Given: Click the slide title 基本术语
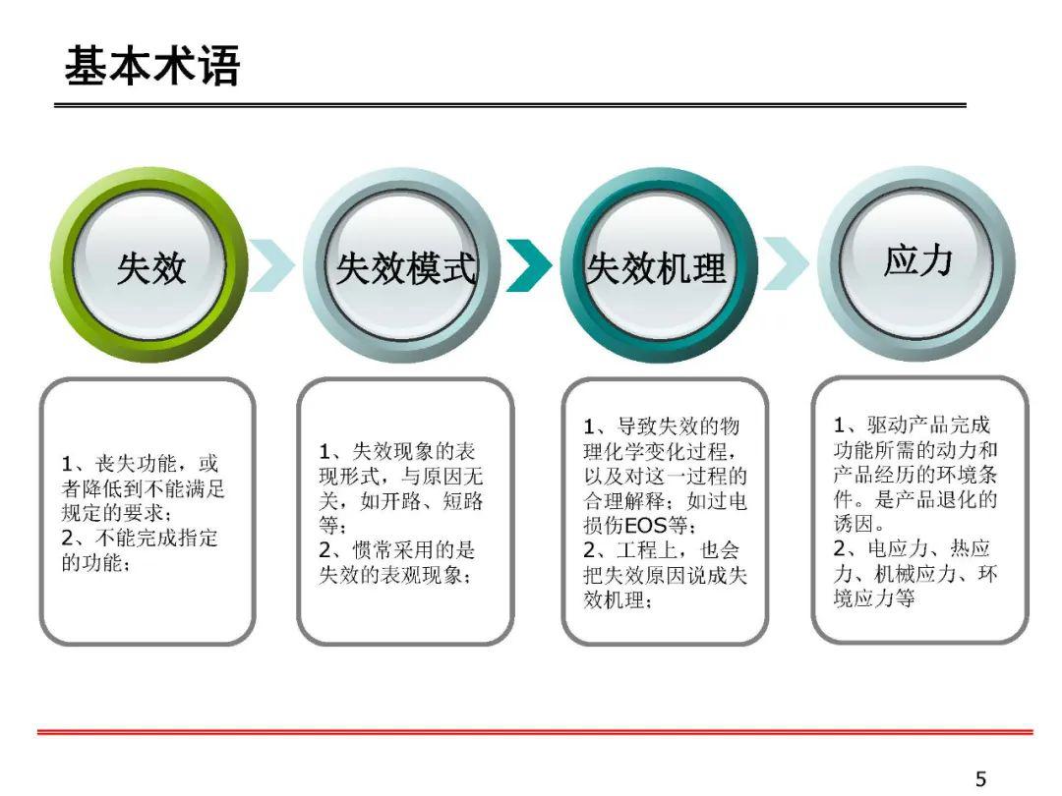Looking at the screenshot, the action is [152, 66].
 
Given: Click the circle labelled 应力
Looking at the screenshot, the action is [916, 263].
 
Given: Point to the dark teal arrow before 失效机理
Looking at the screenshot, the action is [529, 265].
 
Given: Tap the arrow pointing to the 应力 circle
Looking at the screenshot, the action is [786, 263].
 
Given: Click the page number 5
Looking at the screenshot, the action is [980, 778].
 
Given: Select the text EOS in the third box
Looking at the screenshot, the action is [645, 525].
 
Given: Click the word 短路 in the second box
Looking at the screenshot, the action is [462, 501].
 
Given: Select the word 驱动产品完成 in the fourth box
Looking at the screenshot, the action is [928, 426].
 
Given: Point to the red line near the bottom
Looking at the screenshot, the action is [535, 732].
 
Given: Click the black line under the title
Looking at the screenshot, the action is [510, 105].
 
